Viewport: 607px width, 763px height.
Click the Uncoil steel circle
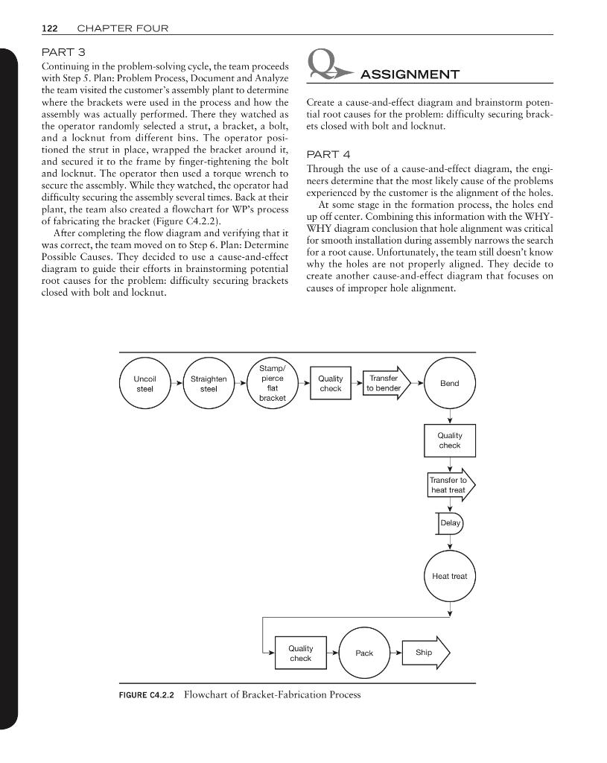144,384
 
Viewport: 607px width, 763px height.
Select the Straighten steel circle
209,384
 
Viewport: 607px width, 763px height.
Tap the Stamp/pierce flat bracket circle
272,384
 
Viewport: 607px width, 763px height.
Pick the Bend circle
449,384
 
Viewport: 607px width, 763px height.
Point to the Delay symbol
450,524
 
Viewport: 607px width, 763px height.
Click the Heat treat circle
449,577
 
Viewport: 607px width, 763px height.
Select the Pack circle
364,653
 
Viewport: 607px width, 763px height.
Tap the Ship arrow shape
425,653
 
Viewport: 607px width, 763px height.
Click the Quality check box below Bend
449,440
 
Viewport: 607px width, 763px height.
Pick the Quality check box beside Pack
300,653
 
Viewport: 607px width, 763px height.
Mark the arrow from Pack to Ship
395,653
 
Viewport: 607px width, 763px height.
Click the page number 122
50,28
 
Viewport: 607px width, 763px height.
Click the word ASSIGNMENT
410,74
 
